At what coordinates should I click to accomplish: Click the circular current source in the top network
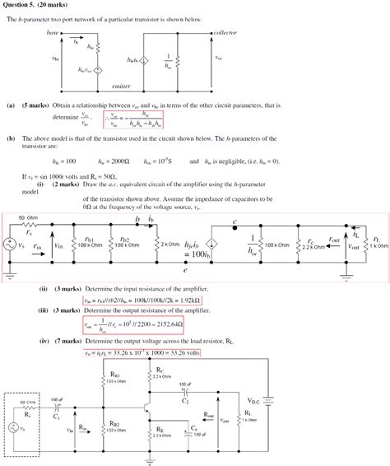click(x=145, y=60)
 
